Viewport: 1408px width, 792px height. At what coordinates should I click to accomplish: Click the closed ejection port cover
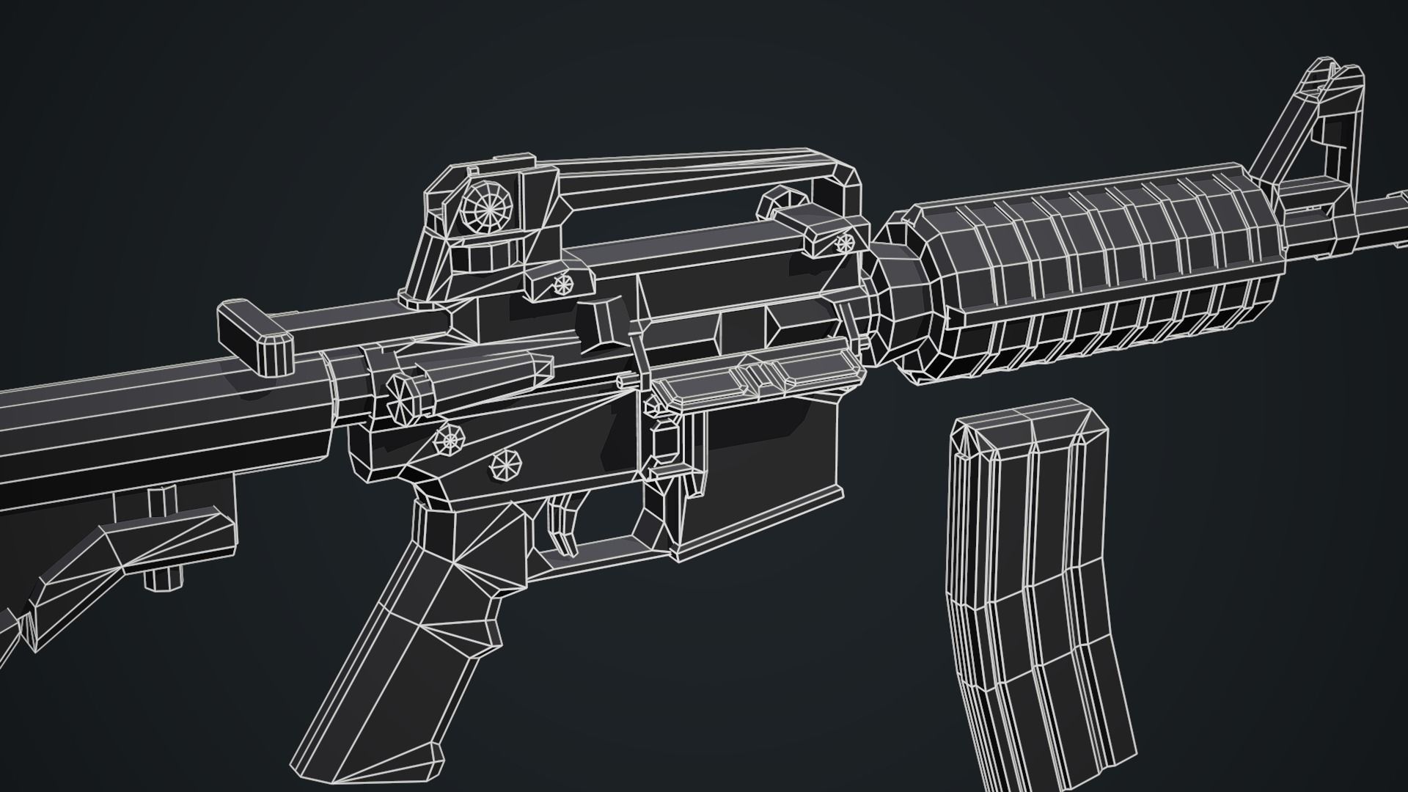coord(755,374)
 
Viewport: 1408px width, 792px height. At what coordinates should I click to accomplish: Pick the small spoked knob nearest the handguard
coord(845,241)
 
